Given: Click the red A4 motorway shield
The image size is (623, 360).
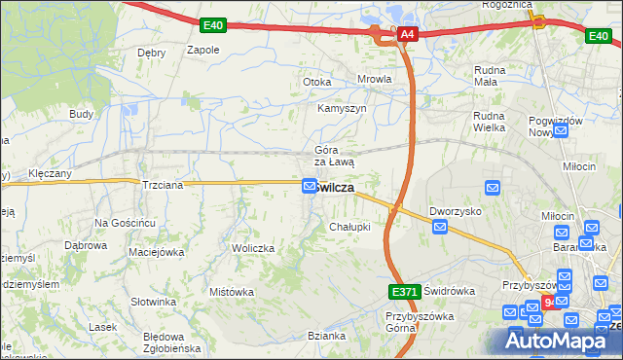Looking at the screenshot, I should click(x=408, y=35).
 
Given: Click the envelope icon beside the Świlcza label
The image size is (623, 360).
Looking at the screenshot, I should click(x=310, y=186).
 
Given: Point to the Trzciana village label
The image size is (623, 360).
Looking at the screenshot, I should click(x=162, y=184).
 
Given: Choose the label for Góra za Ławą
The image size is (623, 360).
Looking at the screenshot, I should click(x=334, y=156).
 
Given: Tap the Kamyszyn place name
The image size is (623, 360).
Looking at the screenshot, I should click(x=342, y=108).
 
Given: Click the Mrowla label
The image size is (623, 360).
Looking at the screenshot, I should click(x=375, y=80).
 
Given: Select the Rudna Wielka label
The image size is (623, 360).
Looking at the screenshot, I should click(x=493, y=121).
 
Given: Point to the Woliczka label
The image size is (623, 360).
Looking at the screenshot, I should click(x=253, y=248).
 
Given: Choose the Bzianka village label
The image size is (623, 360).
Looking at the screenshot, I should click(x=327, y=336).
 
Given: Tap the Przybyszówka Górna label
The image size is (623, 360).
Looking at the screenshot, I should click(x=414, y=323).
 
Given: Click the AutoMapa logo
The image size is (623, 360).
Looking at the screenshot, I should click(x=559, y=341).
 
